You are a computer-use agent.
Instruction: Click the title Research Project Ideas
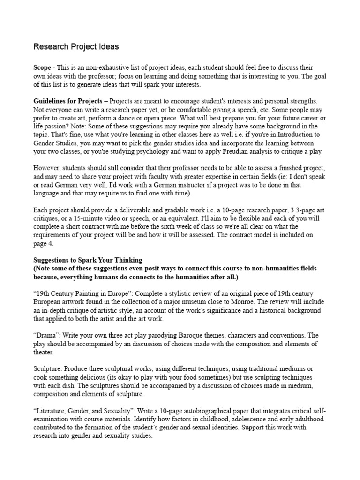[x=75, y=47]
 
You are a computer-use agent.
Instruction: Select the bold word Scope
[x=42, y=68]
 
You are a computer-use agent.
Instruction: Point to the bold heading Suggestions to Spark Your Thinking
[x=88, y=260]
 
